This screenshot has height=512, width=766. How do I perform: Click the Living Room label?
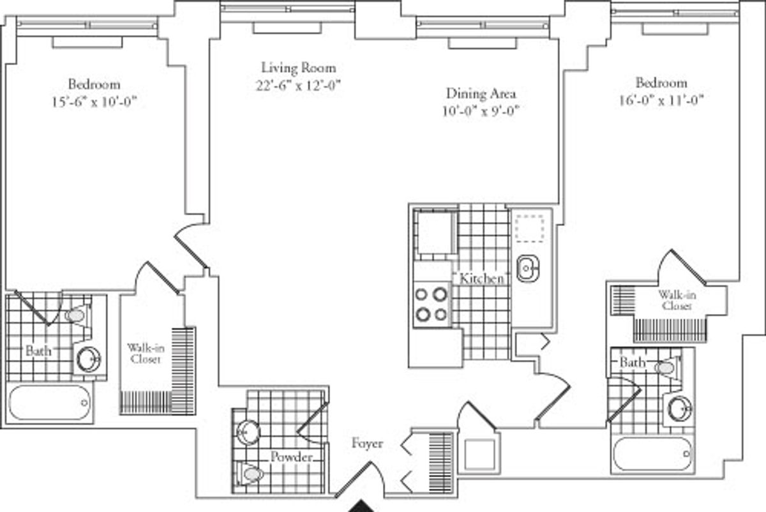[x=299, y=68]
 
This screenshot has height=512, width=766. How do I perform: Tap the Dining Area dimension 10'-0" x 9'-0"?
[x=481, y=111]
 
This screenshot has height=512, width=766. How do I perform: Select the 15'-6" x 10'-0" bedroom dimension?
[x=94, y=102]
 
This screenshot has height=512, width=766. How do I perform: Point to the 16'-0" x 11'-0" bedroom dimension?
[x=662, y=101]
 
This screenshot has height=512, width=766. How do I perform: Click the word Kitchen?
[x=481, y=278]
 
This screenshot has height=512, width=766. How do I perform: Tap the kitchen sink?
[x=528, y=269]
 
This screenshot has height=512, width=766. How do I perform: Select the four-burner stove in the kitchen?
[x=432, y=305]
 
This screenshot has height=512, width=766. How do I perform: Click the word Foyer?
[x=368, y=443]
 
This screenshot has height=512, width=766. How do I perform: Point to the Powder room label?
[x=291, y=457]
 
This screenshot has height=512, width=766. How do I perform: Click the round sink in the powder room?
[x=248, y=432]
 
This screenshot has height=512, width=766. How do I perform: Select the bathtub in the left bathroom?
[x=50, y=403]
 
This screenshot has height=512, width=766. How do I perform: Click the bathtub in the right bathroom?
[x=652, y=454]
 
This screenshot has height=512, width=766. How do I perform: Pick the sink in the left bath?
[x=89, y=359]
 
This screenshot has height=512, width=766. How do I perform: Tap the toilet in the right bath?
[x=667, y=367]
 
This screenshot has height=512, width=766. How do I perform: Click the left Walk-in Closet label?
[x=146, y=354]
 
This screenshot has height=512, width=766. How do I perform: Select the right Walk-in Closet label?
[x=677, y=300]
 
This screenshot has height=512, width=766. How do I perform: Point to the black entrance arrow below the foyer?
[x=361, y=506]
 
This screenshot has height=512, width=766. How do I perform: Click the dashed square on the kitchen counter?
[x=530, y=228]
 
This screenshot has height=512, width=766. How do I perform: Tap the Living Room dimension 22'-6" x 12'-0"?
[x=299, y=85]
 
